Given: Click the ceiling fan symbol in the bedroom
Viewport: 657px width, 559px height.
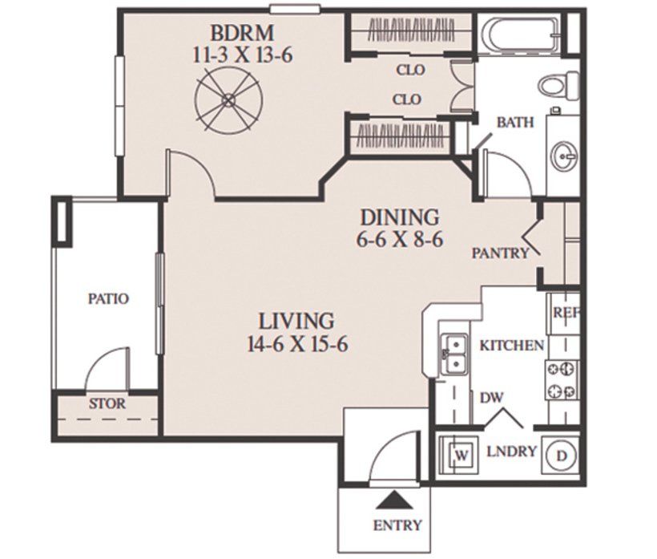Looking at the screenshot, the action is (x=229, y=99).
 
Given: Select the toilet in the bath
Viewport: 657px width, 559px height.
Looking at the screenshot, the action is (x=558, y=86).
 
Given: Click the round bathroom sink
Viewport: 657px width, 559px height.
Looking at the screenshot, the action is (x=564, y=156).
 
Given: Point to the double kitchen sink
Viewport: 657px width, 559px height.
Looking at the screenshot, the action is (x=455, y=354).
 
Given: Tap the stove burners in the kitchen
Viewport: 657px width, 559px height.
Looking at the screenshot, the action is (x=562, y=380).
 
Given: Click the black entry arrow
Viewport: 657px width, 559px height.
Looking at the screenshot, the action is (x=393, y=500).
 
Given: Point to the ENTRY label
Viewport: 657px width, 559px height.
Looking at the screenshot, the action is (x=397, y=525).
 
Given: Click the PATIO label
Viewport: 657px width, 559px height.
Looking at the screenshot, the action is (x=108, y=298).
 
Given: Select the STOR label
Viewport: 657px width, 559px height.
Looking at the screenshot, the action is (x=107, y=404).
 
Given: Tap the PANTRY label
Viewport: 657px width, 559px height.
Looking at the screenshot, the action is (x=500, y=253).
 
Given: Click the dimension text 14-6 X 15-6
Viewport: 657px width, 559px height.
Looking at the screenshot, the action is (x=298, y=345).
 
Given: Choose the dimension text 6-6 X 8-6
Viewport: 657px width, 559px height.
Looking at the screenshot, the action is (x=400, y=241).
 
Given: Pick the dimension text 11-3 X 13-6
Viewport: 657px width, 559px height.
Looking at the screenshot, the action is (x=243, y=55).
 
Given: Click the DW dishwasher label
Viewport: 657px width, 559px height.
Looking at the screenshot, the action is (x=491, y=397).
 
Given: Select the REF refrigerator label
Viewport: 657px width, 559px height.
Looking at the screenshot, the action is (x=566, y=313).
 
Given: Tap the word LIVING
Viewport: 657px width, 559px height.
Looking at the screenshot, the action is (x=296, y=322).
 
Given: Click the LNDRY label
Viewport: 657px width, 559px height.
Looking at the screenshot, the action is (x=512, y=452).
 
